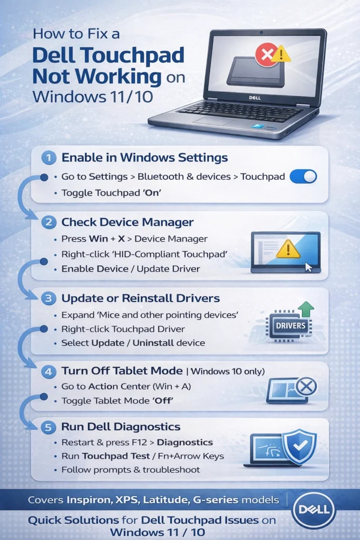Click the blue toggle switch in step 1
[304, 177]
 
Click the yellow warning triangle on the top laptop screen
[281, 53]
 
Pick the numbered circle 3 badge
[48, 298]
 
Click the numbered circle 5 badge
[48, 427]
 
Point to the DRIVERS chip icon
[290, 325]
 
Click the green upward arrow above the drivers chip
[305, 309]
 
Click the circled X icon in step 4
[306, 387]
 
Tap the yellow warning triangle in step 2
[288, 248]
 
